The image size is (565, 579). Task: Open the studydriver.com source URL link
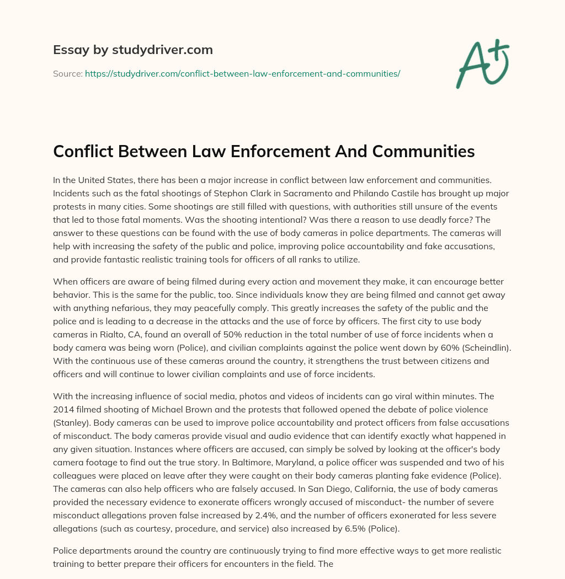[x=242, y=73]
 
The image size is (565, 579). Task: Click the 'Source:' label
[x=67, y=73]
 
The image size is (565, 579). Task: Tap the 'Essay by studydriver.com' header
[x=133, y=50]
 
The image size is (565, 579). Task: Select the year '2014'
[x=65, y=410]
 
